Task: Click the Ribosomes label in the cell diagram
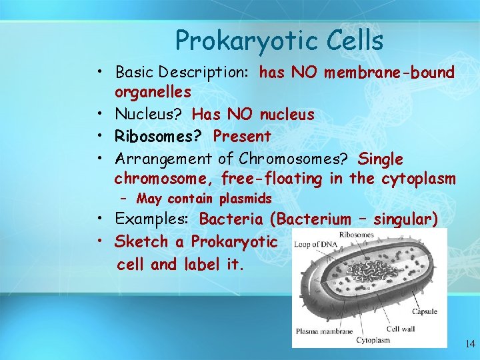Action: click(x=356, y=235)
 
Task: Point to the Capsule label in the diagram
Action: click(x=424, y=311)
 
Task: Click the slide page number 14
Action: click(x=470, y=345)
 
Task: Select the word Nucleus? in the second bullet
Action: click(x=151, y=115)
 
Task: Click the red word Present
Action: click(x=242, y=137)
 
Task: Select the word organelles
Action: click(x=153, y=90)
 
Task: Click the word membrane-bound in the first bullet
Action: click(x=389, y=72)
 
